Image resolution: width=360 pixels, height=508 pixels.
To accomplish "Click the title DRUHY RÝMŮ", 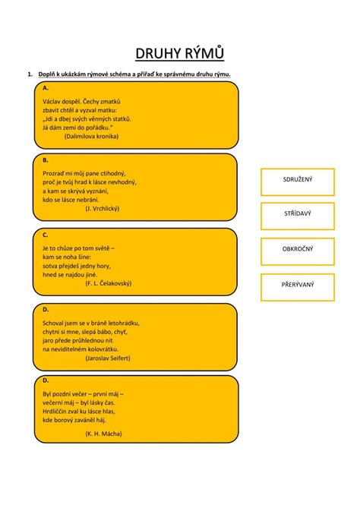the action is (179, 53).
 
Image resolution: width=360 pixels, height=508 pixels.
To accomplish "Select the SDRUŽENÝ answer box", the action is (298, 182).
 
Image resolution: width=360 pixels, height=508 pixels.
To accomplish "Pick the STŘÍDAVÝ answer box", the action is (298, 216).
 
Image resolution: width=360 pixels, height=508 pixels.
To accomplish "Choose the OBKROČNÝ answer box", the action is (298, 251).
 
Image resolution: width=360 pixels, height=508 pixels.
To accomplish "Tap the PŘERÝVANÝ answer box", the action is (298, 287).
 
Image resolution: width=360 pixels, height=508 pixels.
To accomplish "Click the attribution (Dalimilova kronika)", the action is (91, 137).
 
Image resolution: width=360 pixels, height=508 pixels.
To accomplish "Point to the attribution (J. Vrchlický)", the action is (103, 209).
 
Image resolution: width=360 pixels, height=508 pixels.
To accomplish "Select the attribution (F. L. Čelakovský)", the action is (109, 283).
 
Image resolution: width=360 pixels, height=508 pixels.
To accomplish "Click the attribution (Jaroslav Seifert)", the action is (108, 358).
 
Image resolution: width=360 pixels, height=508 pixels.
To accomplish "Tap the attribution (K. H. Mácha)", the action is (104, 434).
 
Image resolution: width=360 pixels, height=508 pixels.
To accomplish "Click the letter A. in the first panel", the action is (46, 88).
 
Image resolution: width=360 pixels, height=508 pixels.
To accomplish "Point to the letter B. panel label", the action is (46, 160).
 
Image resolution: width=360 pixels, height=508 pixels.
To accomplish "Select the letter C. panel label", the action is (46, 235).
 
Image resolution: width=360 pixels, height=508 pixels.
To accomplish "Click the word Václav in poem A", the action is (51, 102).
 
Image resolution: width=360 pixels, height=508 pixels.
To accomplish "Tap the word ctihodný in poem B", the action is (113, 174).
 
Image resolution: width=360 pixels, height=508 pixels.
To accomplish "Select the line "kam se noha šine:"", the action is (67, 257).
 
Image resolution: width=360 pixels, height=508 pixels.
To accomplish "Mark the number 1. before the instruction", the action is (30, 74).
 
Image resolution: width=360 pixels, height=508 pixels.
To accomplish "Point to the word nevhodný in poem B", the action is (124, 182).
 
